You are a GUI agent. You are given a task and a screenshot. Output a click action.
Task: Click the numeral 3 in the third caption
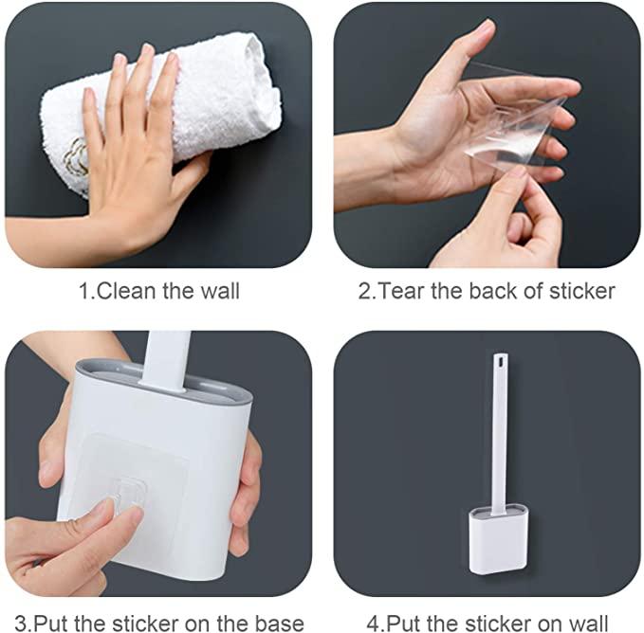(21, 624)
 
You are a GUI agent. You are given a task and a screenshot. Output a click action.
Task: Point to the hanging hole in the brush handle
(500, 362)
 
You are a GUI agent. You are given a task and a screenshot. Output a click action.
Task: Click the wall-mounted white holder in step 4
(498, 541)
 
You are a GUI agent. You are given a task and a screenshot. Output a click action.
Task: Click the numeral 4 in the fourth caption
(374, 624)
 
